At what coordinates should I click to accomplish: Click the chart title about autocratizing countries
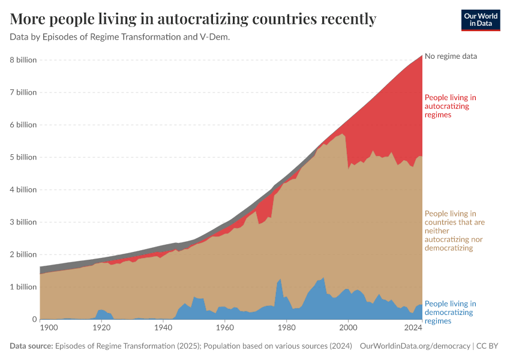[193, 19]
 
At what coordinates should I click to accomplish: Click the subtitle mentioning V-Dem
[120, 37]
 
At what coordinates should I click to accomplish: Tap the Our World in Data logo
[480, 20]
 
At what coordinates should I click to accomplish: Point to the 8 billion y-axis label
[23, 60]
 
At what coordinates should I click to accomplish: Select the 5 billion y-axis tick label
[23, 157]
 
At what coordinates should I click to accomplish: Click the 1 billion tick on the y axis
[23, 287]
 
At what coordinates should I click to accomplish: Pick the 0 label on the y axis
[34, 319]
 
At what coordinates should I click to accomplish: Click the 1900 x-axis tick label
[49, 328]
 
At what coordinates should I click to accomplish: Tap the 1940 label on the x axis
[163, 328]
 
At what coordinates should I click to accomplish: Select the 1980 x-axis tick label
[286, 328]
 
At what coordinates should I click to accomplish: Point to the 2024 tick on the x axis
[412, 328]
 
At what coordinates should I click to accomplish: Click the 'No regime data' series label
[451, 56]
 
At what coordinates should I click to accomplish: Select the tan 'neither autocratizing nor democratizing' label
[454, 230]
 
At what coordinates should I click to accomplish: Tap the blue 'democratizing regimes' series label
[450, 312]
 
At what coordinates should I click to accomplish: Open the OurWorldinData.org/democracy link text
[415, 346]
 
